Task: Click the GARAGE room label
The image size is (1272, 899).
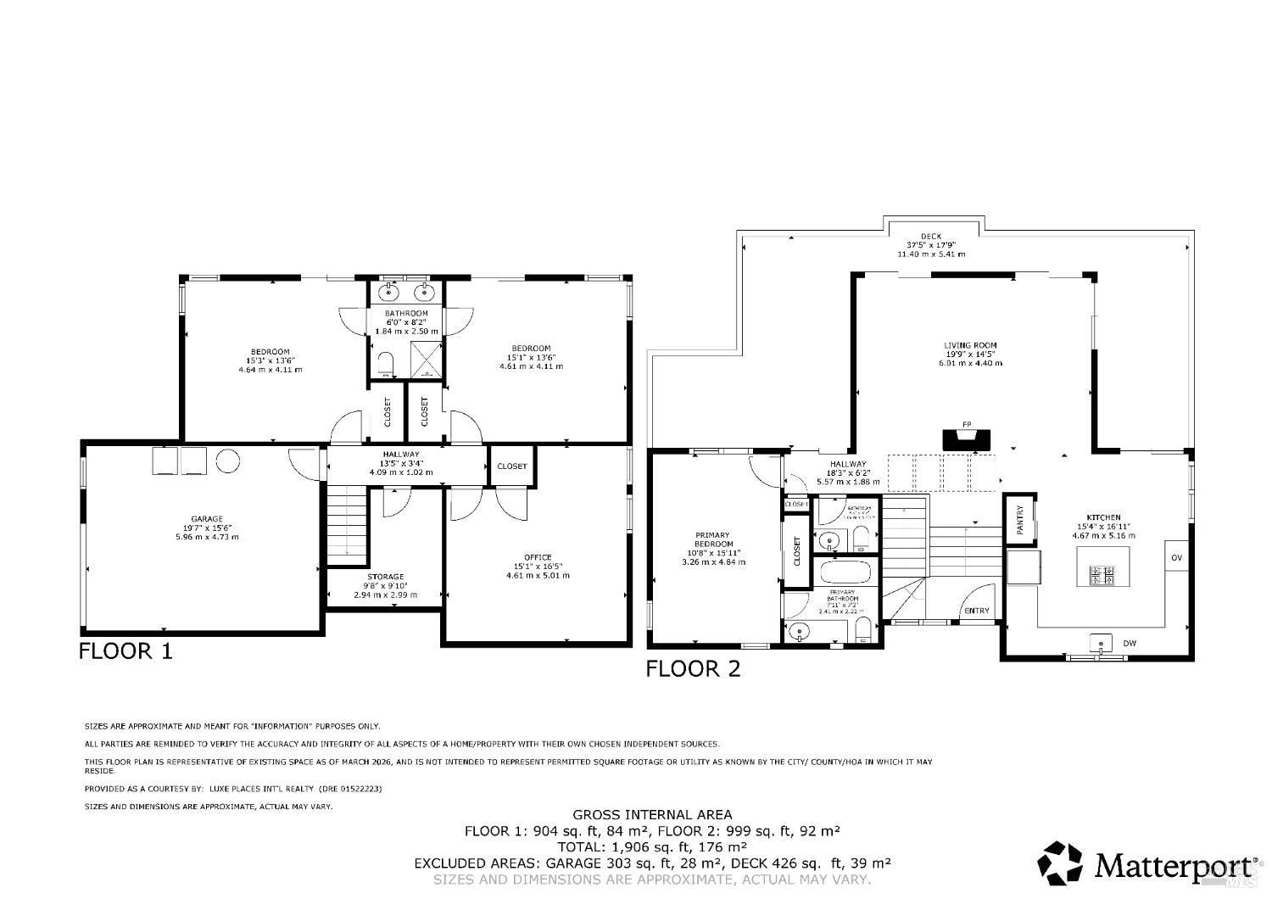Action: click(206, 519)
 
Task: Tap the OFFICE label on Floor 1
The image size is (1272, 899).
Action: click(538, 557)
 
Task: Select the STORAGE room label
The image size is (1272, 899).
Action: click(385, 577)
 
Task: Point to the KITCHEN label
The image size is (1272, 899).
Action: click(1103, 517)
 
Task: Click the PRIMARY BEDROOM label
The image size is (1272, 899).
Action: click(712, 541)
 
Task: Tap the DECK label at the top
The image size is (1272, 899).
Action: click(931, 237)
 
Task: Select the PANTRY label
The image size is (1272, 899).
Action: click(1020, 516)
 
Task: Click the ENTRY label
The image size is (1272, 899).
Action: click(976, 611)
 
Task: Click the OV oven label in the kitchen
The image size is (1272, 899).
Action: click(1176, 557)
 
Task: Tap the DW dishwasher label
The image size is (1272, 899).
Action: click(1130, 644)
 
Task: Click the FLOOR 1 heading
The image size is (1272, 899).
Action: click(126, 651)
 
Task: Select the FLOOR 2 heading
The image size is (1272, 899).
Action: click(693, 669)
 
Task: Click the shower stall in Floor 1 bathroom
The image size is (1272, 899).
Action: click(426, 360)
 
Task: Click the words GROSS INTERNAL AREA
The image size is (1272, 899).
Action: click(652, 815)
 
